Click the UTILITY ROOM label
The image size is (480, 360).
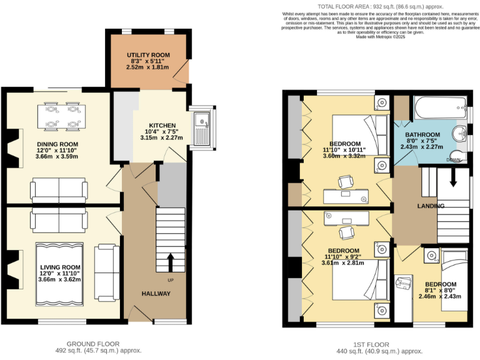tap(148, 56)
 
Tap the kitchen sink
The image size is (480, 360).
tap(202, 128)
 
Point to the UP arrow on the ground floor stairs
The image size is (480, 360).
tap(170, 261)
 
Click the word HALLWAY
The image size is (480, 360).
tap(156, 294)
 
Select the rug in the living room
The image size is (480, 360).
tap(59, 271)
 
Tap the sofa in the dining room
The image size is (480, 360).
tap(59, 190)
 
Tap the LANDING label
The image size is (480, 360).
tap(431, 206)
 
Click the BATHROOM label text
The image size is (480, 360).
tap(424, 134)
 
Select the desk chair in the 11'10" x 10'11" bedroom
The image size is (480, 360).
tap(346, 182)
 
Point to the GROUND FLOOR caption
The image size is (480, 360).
tap(93, 343)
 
